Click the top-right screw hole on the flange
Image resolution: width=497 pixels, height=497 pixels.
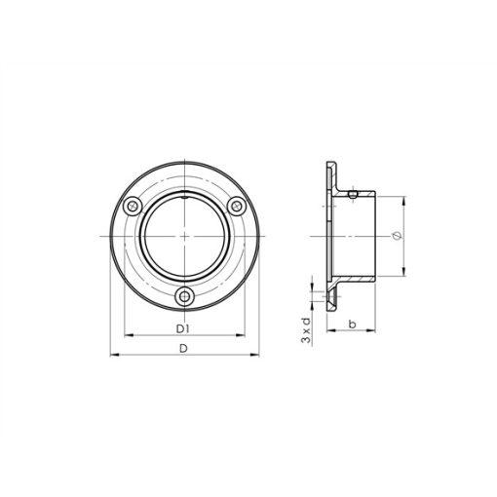tap(234, 205)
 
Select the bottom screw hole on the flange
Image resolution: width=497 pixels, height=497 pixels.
tap(183, 297)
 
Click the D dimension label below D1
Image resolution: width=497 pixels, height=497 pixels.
tap(183, 348)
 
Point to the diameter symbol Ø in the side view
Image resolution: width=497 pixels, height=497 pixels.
tap(394, 237)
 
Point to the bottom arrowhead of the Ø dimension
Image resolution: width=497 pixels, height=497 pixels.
tap(401, 278)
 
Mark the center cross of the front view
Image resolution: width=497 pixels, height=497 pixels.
tap(183, 237)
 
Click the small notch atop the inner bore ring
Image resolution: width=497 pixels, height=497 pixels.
tap(183, 198)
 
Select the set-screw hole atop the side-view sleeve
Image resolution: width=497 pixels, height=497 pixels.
tap(352, 194)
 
